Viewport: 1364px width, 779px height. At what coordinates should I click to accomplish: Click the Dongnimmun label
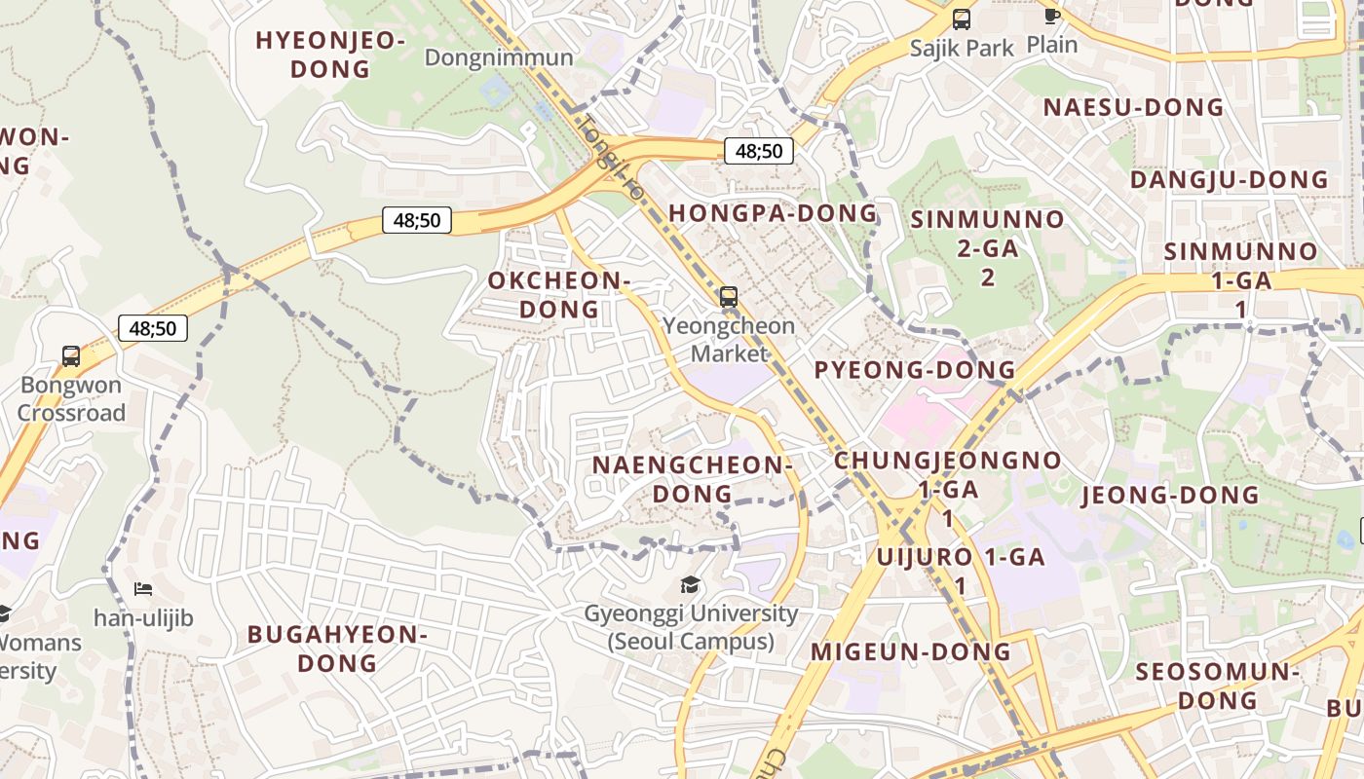tap(499, 57)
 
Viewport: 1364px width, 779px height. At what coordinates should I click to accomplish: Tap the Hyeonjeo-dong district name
tap(330, 55)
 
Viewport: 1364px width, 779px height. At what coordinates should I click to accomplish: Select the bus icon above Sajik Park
tap(962, 19)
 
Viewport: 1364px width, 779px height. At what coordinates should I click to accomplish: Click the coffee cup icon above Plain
tap(1051, 16)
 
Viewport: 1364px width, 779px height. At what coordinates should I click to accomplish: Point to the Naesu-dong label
tap(1133, 107)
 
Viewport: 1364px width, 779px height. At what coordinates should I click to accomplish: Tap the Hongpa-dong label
tap(774, 213)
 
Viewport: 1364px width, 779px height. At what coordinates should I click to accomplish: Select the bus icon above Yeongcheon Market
tap(729, 297)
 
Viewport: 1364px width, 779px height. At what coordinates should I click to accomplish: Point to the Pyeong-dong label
tap(915, 370)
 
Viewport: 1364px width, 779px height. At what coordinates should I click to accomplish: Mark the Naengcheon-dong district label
tap(692, 479)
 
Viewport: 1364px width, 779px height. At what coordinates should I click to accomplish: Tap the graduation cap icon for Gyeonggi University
tap(690, 585)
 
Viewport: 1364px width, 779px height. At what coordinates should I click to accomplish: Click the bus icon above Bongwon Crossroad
tap(71, 356)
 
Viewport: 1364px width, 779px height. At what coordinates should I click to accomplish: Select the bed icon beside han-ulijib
tap(143, 589)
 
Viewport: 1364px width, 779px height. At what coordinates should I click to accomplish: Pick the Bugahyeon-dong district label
tap(337, 649)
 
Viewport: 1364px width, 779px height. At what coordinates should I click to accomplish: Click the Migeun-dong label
tap(911, 651)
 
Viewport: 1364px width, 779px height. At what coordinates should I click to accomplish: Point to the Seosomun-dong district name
tap(1218, 686)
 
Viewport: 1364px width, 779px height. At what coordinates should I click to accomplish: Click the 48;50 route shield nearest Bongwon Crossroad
tap(153, 328)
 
